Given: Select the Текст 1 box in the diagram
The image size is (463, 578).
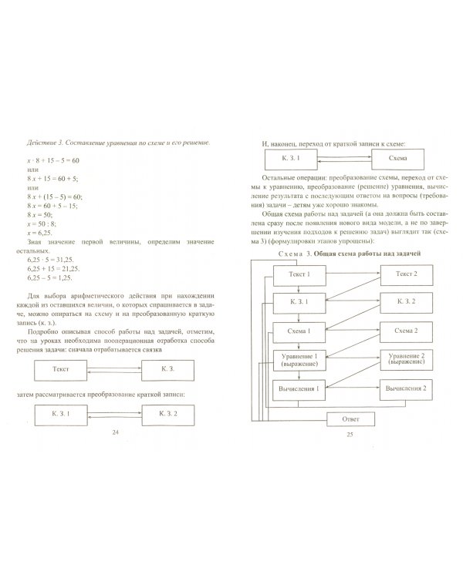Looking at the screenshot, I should coord(299,274).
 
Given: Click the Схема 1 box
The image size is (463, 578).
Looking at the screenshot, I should coord(299,331).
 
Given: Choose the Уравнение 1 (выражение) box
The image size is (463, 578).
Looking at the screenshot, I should coord(299,359).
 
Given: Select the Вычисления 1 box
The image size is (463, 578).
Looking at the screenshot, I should coord(299,390).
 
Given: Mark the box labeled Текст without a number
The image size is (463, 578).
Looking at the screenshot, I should coord(61,371).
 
